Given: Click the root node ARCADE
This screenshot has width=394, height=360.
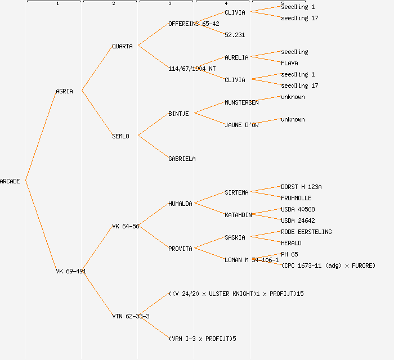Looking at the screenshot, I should [x=10, y=181].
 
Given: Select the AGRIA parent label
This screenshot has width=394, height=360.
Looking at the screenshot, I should [x=64, y=91].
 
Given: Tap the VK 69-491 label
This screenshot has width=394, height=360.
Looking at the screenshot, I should [x=71, y=271].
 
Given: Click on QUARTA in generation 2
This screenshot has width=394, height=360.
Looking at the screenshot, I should [x=122, y=46].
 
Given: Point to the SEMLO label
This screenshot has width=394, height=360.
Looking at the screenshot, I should [x=120, y=136].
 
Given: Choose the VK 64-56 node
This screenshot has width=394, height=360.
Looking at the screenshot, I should [x=126, y=226].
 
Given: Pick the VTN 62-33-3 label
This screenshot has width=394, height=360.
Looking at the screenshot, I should [x=131, y=316].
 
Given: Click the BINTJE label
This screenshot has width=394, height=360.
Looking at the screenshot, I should [x=178, y=114].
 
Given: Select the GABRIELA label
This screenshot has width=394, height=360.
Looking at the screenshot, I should [x=182, y=159].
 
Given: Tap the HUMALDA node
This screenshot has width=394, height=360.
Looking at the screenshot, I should [x=180, y=204].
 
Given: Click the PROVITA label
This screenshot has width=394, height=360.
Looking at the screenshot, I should [x=180, y=249].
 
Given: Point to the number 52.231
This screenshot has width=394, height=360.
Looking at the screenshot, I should [x=235, y=35].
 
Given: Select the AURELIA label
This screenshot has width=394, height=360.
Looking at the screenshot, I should [x=236, y=57].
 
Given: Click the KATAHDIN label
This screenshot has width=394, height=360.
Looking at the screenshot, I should [x=238, y=215].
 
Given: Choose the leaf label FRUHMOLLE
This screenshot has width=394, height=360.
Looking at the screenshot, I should [x=296, y=198].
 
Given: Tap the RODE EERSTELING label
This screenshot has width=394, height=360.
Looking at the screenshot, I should [x=306, y=232].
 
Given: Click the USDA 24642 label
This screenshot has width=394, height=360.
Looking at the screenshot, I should [x=298, y=220].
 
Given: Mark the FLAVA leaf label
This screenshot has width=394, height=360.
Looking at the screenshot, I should [x=289, y=63].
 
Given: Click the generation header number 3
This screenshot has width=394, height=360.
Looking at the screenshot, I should [x=169, y=4].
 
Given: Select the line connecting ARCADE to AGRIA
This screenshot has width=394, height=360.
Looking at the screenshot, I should [x=41, y=136].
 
